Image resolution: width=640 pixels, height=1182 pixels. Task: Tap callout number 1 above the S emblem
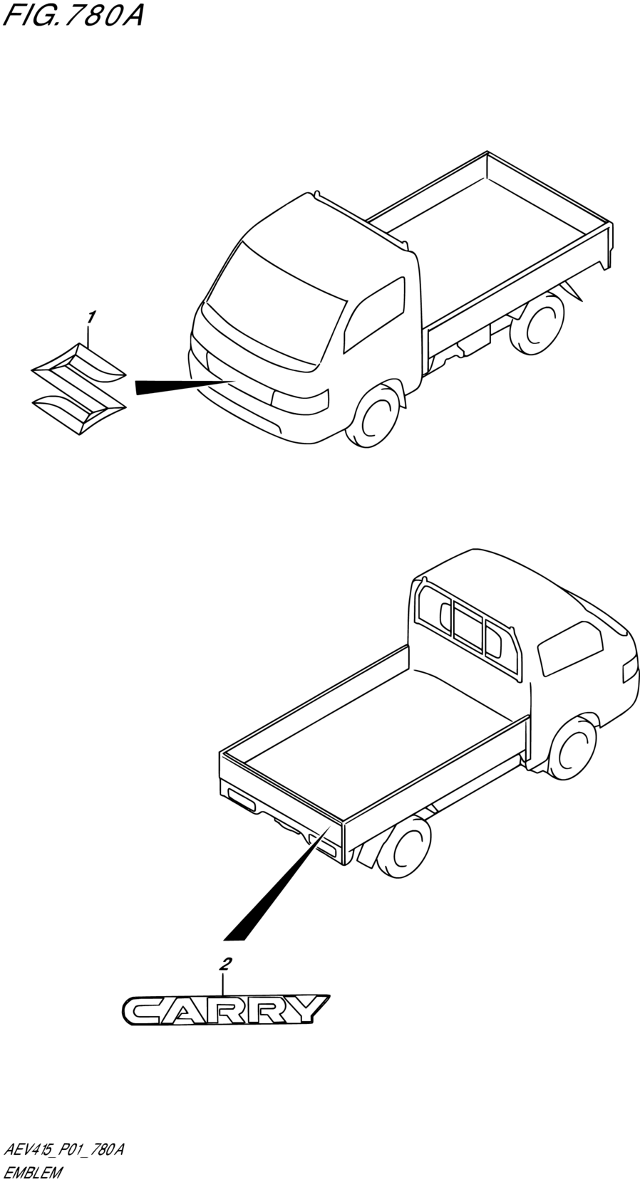pos(91,316)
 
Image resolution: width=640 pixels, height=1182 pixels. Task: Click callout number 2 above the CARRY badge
pos(226,965)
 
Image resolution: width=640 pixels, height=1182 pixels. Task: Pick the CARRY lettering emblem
pos(225,1010)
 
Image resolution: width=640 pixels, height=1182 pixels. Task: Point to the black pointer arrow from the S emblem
pos(178,385)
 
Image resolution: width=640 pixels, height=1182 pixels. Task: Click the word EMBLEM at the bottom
pos(33,1172)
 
